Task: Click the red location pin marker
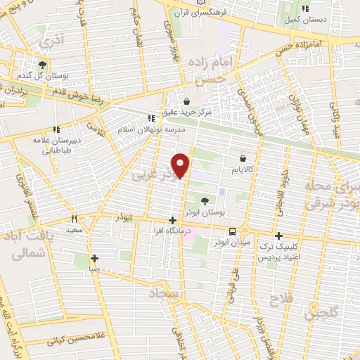181,165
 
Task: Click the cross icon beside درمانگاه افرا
172,220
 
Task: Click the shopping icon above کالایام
243,159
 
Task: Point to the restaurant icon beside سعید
74,219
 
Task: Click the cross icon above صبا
95,257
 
